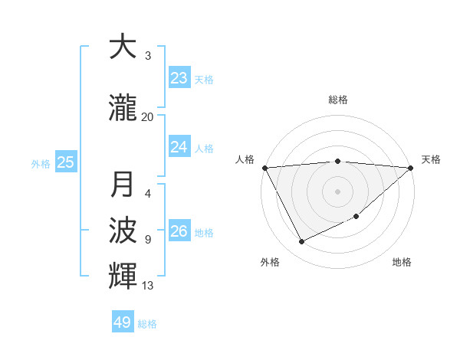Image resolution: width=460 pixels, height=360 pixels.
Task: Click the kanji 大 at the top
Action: [123, 47]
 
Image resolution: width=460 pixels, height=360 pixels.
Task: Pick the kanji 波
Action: [123, 231]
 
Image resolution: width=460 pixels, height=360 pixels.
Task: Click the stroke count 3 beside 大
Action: [148, 56]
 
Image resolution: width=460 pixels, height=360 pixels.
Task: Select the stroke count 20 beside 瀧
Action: [148, 116]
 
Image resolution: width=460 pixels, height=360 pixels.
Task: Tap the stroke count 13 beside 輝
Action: [148, 286]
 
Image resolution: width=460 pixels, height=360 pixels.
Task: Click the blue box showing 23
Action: [179, 78]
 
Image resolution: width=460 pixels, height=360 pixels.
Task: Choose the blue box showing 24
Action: [179, 146]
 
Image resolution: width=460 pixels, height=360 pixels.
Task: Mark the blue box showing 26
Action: [179, 231]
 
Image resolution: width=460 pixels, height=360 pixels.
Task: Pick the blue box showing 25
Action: [66, 162]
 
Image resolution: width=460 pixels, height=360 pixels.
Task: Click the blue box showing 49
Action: [123, 322]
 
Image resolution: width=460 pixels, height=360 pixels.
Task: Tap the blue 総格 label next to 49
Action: [147, 324]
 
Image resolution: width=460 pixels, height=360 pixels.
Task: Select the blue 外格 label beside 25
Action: [41, 163]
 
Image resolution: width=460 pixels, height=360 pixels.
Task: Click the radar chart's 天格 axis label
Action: [431, 159]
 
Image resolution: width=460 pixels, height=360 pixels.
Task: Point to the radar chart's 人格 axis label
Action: [245, 159]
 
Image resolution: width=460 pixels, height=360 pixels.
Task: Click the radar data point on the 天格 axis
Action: [410, 168]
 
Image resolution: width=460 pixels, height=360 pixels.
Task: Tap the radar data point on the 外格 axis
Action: [301, 242]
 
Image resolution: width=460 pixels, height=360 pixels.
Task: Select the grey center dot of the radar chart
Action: [337, 191]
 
